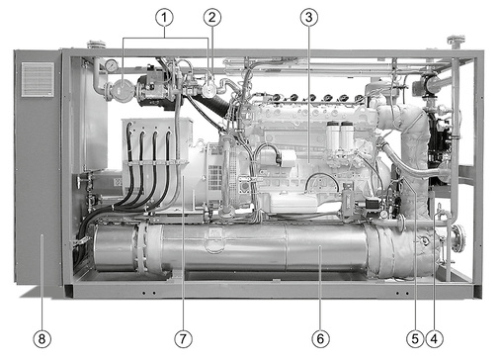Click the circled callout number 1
165,17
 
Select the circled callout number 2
210,17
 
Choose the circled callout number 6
320,337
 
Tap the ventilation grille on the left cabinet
38,79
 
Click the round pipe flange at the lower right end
457,237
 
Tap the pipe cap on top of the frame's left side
96,44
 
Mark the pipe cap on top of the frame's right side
456,42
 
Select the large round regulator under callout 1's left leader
123,89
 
